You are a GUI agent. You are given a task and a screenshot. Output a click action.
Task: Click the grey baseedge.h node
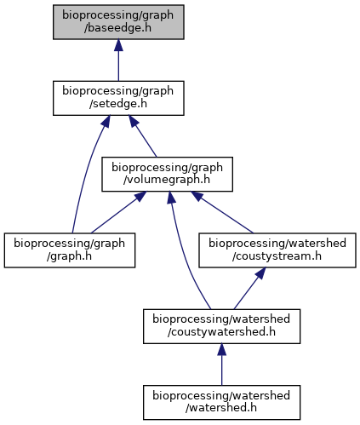pos(118,22)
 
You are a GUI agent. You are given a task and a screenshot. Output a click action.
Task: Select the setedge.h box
pos(118,98)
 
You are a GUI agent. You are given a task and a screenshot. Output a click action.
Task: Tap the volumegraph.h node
pos(167,174)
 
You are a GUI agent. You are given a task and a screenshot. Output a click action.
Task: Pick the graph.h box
pos(70,250)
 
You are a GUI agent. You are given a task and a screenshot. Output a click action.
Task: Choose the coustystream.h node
pos(277,250)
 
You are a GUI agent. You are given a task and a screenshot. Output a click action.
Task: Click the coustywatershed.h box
pos(221,326)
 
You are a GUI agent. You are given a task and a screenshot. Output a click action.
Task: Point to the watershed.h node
pos(221,402)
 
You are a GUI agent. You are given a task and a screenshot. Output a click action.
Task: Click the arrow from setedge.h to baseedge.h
pos(118,60)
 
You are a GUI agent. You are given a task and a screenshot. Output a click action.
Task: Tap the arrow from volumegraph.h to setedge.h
pos(143,136)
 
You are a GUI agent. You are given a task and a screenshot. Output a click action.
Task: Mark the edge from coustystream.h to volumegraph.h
pos(222,212)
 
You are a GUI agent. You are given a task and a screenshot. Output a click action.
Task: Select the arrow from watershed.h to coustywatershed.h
pos(221,365)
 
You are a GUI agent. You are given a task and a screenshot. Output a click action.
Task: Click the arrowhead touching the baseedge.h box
pos(118,45)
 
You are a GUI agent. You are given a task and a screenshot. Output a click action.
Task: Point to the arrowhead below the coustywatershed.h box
pos(221,350)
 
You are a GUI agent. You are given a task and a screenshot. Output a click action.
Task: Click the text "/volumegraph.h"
pos(167,180)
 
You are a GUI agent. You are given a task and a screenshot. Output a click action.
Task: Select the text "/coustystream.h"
pos(277,256)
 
